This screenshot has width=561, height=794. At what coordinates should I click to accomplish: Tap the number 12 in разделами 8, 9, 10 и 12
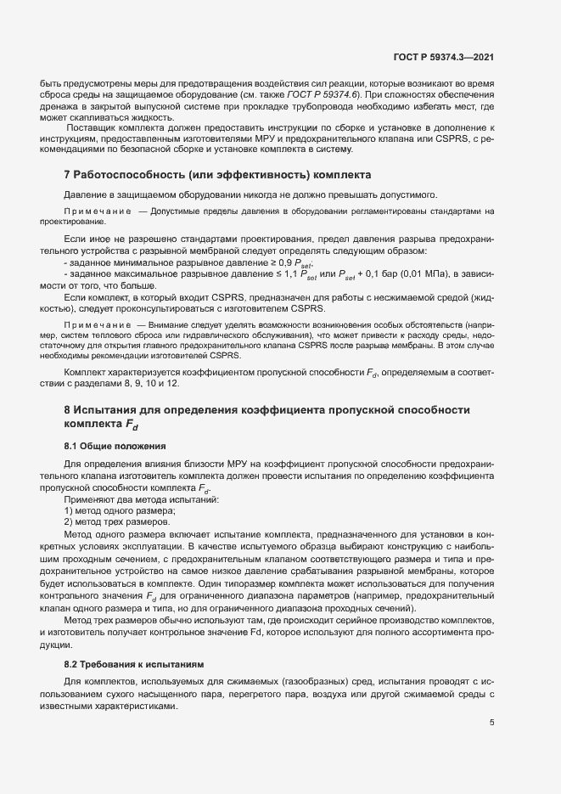pyautogui.click(x=173, y=384)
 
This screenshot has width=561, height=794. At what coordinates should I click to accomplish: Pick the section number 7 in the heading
pyautogui.click(x=67, y=176)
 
